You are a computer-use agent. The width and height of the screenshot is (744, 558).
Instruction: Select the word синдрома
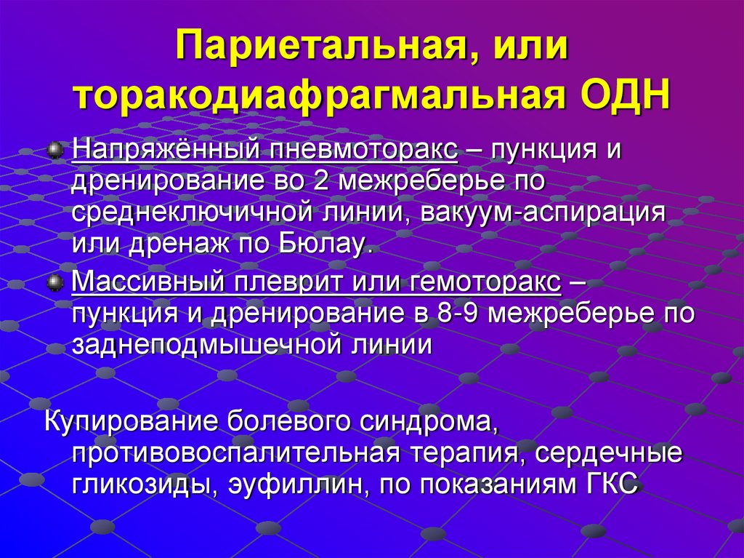416,421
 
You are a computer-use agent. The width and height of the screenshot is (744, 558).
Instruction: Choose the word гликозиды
138,484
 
